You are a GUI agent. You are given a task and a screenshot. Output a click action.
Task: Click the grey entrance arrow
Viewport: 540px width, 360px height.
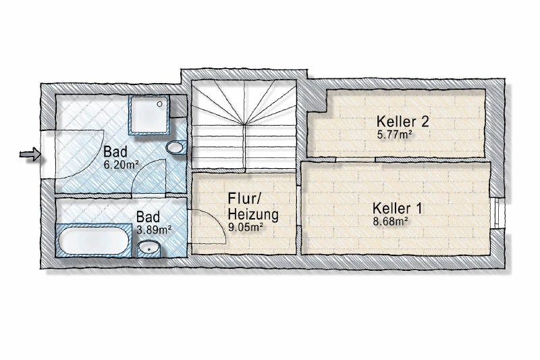[x=30, y=154]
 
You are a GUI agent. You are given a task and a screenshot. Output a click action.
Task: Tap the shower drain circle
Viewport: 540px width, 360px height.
[x=159, y=104]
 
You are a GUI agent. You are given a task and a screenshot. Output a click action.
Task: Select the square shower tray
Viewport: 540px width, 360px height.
[x=149, y=115]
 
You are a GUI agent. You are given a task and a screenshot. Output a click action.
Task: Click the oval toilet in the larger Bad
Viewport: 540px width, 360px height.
[x=175, y=148]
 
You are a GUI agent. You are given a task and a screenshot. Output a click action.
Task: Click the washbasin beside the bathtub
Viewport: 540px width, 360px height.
[x=148, y=248]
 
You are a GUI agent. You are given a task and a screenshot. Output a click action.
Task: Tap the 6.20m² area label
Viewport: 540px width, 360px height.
[x=121, y=165]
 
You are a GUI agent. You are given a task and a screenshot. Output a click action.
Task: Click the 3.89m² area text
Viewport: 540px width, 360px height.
[x=154, y=230]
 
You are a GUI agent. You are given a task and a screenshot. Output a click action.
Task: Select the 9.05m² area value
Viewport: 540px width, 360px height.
[x=246, y=227]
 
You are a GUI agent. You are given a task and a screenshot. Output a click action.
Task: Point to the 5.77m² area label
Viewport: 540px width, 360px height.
[x=395, y=134]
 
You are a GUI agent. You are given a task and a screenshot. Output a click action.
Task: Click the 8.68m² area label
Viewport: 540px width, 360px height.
[x=391, y=221]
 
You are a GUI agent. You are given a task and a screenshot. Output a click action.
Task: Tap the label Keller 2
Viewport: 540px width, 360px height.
[x=402, y=122]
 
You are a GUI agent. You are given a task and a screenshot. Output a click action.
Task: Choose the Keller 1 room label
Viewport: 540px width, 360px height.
[x=397, y=209]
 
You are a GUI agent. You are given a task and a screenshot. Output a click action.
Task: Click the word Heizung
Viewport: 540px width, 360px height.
[x=253, y=215]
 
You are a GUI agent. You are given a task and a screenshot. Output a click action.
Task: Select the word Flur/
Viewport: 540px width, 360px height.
[x=245, y=199]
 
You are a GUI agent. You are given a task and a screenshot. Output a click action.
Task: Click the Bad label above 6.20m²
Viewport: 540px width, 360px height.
[x=115, y=151]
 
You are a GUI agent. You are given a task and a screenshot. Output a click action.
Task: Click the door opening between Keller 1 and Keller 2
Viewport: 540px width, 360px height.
[x=356, y=159]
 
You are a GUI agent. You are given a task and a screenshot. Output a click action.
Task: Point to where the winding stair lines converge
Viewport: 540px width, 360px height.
[x=245, y=124]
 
